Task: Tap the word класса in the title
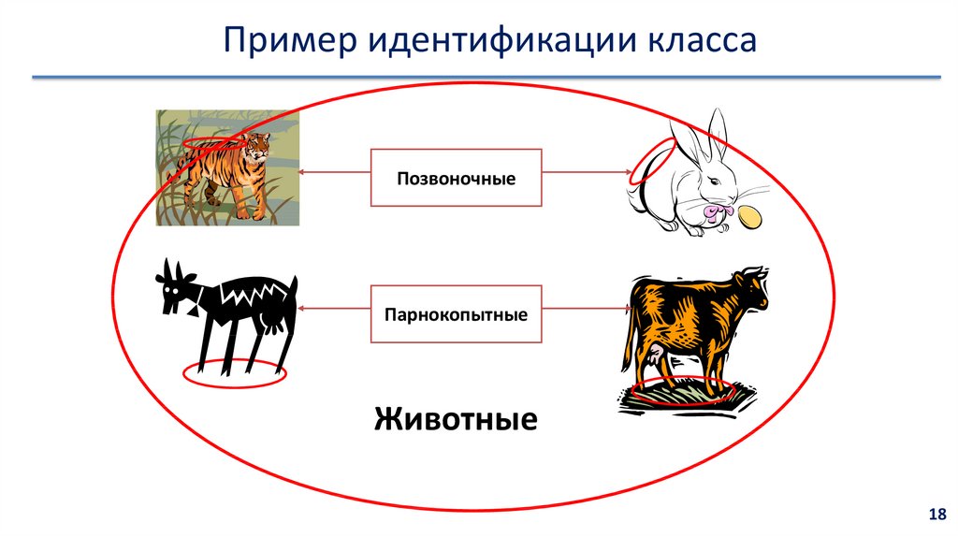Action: point(701,41)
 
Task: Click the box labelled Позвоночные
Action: point(456,178)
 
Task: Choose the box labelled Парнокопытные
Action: point(456,314)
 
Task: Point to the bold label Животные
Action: point(456,419)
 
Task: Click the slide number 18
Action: point(936,515)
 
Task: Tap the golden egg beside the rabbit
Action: point(749,217)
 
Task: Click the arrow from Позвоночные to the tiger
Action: point(334,171)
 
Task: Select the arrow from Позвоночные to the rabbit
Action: point(588,172)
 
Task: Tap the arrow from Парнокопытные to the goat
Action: point(334,309)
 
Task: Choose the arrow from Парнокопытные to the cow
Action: point(588,309)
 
